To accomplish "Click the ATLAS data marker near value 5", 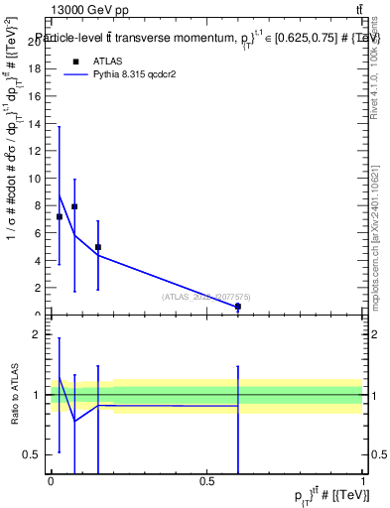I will [x=98, y=247].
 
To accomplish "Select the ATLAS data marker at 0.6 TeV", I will [x=238, y=307].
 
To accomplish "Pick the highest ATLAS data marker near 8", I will [x=74, y=206].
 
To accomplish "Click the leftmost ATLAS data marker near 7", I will [x=60, y=216].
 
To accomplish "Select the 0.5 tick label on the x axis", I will [x=206, y=481].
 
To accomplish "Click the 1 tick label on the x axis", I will [x=363, y=481].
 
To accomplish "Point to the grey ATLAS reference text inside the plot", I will [x=207, y=296].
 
